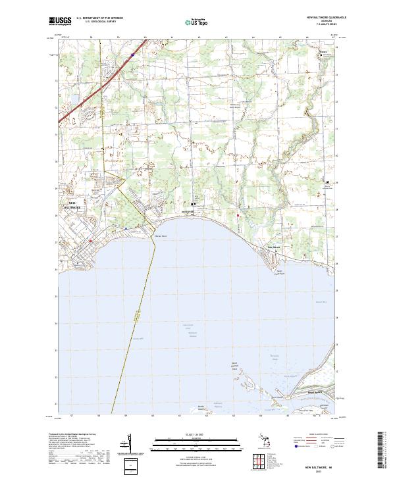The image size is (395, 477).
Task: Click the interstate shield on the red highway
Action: pos(132,56)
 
